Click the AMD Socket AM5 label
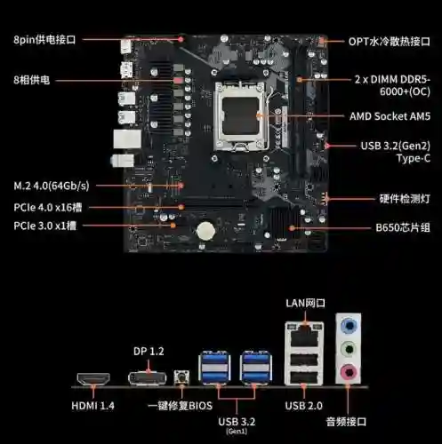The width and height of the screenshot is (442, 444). (x=390, y=116)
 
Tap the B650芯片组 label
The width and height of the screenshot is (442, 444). (x=403, y=227)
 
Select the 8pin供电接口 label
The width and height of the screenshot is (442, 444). (x=44, y=39)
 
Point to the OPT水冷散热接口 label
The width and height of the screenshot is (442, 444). (x=390, y=42)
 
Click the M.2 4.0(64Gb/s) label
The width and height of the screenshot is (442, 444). (x=52, y=186)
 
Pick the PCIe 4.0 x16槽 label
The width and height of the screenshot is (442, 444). (x=48, y=207)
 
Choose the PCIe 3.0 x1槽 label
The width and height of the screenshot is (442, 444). (x=45, y=226)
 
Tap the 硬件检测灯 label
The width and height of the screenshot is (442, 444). (x=405, y=199)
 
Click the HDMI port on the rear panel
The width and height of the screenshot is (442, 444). (x=93, y=378)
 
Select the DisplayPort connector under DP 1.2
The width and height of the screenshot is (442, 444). (x=148, y=378)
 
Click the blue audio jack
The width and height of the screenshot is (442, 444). (x=349, y=326)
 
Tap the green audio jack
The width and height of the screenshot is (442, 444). (x=349, y=349)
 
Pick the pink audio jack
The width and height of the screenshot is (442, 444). (x=349, y=372)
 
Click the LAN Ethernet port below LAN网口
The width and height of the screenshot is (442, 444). (x=304, y=336)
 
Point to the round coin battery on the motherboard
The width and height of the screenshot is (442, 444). (x=205, y=230)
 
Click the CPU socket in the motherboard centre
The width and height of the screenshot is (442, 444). (x=240, y=116)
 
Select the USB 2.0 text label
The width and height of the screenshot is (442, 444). (x=304, y=406)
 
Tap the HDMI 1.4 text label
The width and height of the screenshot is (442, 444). (x=92, y=406)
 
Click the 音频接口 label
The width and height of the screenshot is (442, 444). (x=346, y=422)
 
